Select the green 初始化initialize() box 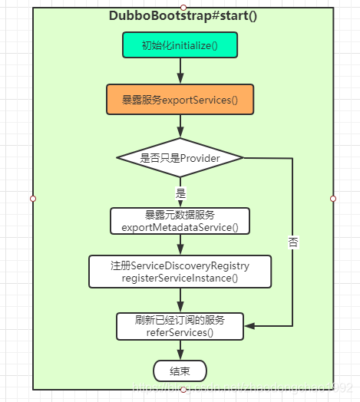pos(180,45)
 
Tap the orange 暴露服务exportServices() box pos(180,100)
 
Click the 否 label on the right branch pos(293,242)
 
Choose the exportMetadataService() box pos(180,221)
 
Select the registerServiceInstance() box pos(180,272)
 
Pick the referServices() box pos(180,326)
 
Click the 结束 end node pos(180,371)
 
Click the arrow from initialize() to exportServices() pos(180,71)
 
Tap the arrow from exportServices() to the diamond pos(180,127)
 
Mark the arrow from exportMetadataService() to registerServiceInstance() pos(180,245)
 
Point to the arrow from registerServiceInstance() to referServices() pos(180,299)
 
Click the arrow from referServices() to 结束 pos(180,350)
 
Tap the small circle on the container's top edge pos(183,7)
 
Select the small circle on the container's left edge pos(33,198)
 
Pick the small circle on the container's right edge pos(332,198)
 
